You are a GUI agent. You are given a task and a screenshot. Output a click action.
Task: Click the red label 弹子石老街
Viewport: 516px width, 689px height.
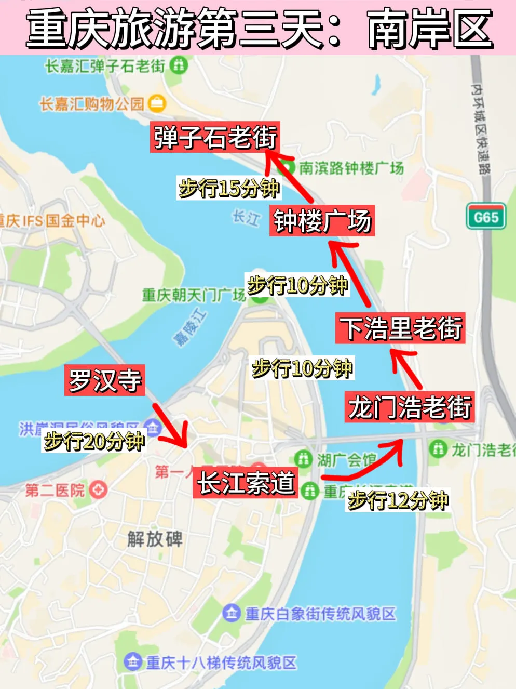point(215,137)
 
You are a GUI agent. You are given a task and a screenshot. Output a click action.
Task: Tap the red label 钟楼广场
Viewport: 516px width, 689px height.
point(322,221)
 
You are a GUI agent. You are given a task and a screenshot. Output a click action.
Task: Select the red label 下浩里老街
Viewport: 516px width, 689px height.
point(400,328)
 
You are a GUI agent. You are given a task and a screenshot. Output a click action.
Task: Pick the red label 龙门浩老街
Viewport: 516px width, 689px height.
point(409,407)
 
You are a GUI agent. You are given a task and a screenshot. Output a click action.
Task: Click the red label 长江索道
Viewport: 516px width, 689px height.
point(245,483)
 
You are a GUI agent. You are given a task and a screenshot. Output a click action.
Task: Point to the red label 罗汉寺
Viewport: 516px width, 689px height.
point(104,380)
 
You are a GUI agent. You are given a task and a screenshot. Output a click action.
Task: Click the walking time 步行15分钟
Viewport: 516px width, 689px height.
point(229,188)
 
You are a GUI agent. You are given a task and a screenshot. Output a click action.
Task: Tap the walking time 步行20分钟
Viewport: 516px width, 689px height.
point(94,442)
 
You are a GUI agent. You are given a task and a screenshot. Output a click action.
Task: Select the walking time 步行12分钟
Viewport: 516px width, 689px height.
point(397,500)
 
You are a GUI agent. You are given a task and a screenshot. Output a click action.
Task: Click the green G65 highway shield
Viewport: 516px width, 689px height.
point(486,216)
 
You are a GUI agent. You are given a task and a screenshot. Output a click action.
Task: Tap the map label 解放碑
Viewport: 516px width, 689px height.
point(154,539)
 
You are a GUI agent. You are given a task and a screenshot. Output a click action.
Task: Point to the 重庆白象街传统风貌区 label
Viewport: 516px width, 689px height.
point(320,614)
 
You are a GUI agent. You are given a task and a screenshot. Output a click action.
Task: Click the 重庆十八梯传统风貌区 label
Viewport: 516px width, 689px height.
point(221,662)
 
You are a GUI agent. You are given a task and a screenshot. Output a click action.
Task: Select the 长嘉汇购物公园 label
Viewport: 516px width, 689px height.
point(92,104)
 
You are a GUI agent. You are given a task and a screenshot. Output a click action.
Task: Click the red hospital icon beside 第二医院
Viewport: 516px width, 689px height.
point(98,489)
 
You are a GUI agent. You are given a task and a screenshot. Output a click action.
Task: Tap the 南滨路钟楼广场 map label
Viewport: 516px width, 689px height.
point(351,168)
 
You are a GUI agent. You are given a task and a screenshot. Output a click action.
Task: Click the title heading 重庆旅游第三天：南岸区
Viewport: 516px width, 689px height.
point(258,28)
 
